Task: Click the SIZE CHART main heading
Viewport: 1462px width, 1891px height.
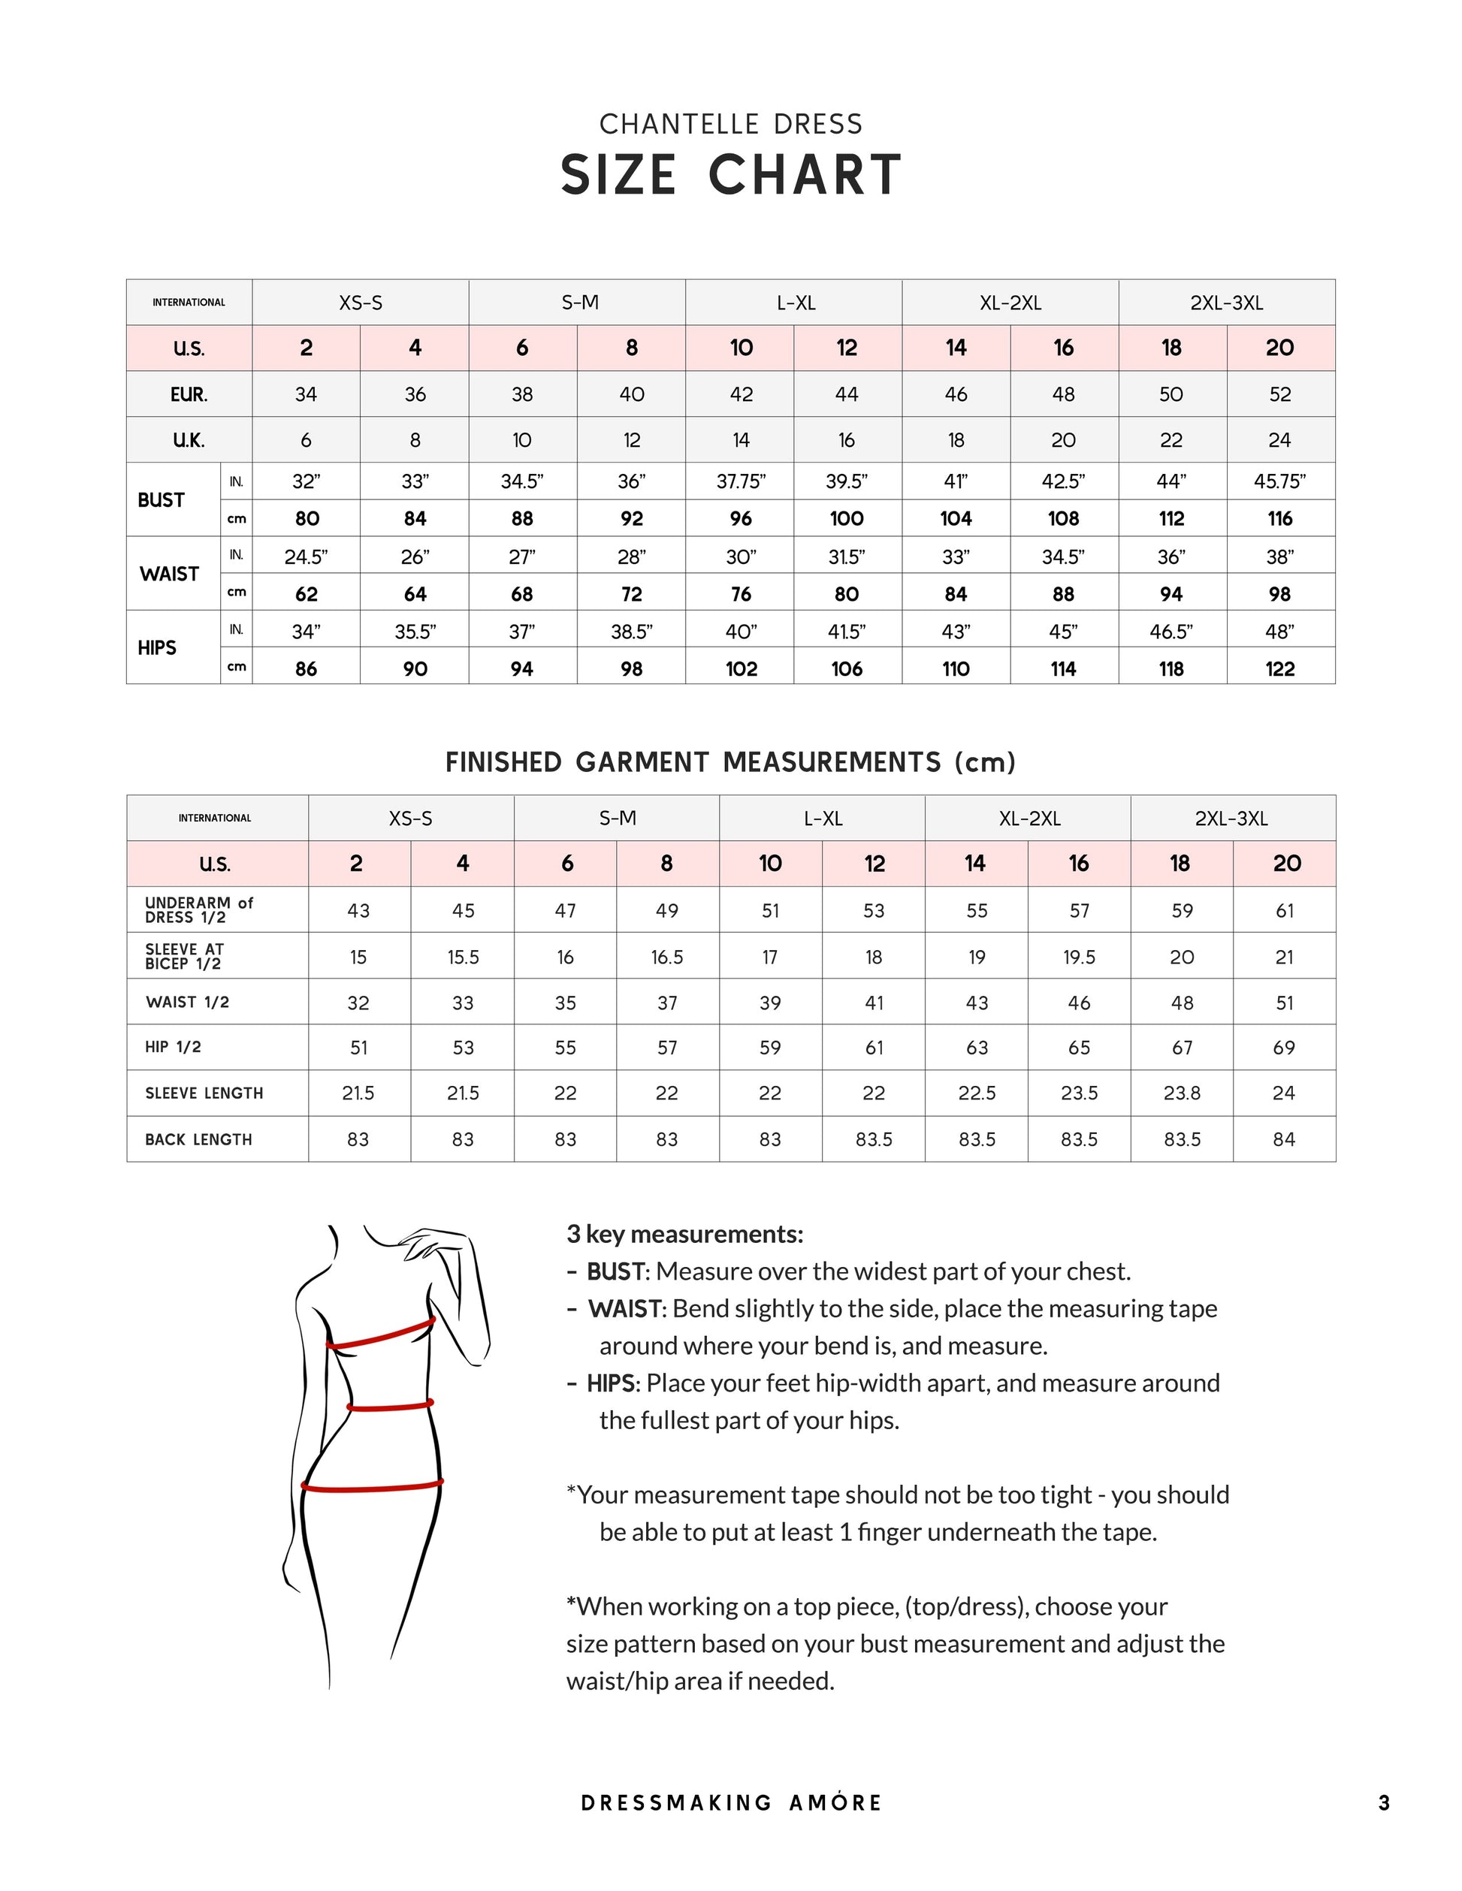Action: (x=730, y=175)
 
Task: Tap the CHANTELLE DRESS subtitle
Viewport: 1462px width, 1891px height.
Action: (x=730, y=125)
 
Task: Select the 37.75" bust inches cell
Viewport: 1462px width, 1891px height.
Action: (x=741, y=481)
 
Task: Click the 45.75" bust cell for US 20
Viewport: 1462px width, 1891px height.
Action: (x=1279, y=481)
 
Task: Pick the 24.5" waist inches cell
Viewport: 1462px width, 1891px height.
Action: (x=306, y=556)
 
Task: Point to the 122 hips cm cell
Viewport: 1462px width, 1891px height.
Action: (x=1279, y=668)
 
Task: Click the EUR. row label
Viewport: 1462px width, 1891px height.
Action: (x=189, y=395)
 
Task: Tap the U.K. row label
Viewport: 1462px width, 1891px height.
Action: (x=189, y=441)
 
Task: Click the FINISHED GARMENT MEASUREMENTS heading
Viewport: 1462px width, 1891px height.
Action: (x=730, y=763)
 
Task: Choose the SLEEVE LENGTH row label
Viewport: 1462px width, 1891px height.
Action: (x=204, y=1093)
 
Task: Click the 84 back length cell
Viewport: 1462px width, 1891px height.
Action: (x=1284, y=1139)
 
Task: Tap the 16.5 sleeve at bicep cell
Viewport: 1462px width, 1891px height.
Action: (x=667, y=957)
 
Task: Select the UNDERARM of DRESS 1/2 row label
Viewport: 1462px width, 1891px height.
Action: (x=198, y=910)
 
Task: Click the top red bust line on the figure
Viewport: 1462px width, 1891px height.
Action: (x=381, y=1335)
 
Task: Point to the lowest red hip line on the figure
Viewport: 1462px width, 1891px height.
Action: (x=373, y=1488)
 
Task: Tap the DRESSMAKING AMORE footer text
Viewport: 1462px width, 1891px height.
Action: (x=730, y=1802)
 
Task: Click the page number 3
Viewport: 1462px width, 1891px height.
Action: (x=1384, y=1802)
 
